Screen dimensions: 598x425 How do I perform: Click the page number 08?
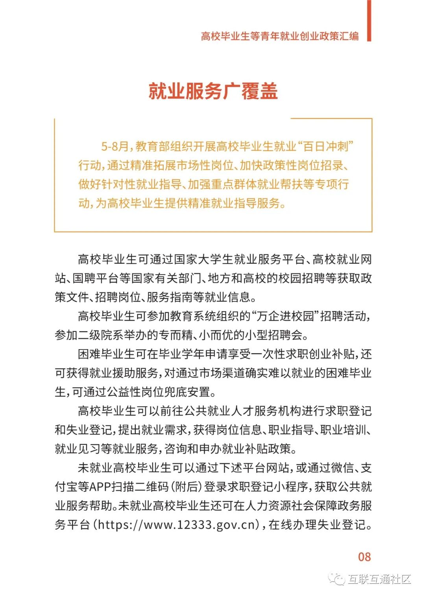tap(364, 557)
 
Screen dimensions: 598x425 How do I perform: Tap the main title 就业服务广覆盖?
tap(213, 91)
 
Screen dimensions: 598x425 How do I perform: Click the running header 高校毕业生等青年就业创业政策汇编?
tap(280, 36)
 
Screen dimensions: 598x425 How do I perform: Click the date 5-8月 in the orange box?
tap(115, 146)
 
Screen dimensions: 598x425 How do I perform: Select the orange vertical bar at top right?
tap(369, 20)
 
